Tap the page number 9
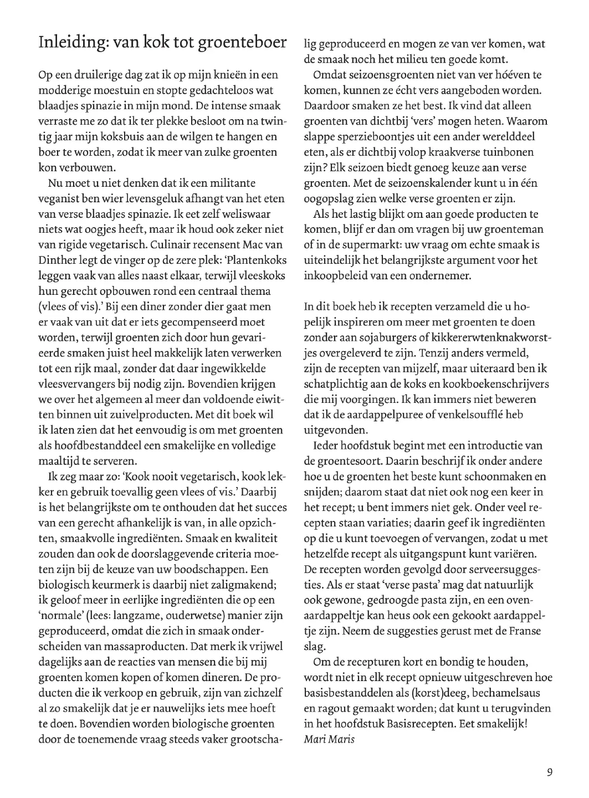pyautogui.click(x=549, y=773)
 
